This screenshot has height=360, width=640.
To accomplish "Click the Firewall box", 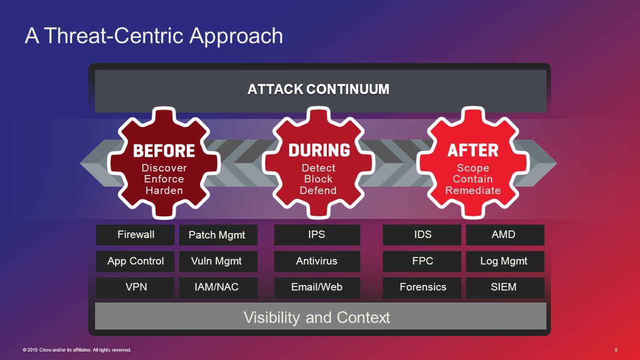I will point(135,234).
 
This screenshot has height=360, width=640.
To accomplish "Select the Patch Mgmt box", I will point(218,235).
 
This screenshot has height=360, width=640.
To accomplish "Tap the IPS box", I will point(317,234).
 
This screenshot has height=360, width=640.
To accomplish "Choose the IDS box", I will point(422,234).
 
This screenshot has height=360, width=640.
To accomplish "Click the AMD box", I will point(504,234).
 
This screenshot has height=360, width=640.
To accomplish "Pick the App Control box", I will point(135,261).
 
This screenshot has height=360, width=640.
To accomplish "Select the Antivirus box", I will point(317,261).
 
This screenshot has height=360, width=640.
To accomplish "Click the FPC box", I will point(422,261).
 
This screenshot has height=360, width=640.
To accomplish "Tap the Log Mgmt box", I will point(504,261).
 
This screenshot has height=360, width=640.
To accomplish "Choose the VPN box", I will point(135,287).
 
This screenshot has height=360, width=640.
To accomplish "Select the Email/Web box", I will point(317,287).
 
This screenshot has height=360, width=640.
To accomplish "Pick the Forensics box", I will point(422,287).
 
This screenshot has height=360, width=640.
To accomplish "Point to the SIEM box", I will point(504,287).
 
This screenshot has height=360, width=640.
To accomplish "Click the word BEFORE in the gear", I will point(164,150).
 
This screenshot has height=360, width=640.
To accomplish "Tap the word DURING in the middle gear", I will point(319,150).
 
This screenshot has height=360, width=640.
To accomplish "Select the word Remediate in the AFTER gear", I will point(473,190).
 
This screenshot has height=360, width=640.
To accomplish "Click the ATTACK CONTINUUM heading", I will point(318,89).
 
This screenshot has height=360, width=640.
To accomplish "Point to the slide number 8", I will point(615,350).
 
